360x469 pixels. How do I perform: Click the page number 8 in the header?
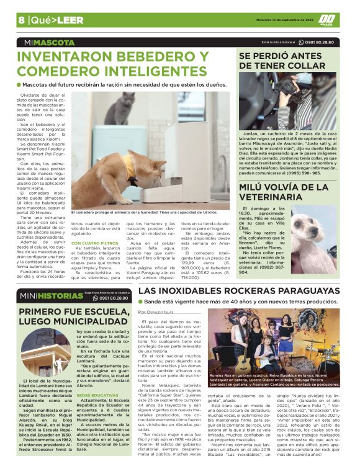click(x=21, y=20)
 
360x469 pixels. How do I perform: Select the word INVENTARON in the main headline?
click(x=65, y=58)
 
